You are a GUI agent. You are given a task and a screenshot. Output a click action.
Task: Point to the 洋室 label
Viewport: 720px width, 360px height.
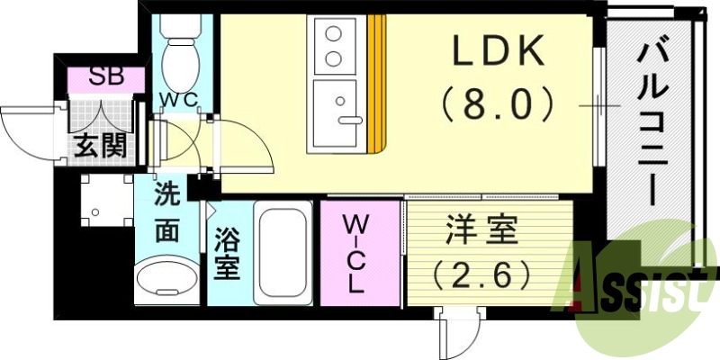(481, 232)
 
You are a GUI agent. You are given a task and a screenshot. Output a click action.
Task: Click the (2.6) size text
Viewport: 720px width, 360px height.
(481, 273)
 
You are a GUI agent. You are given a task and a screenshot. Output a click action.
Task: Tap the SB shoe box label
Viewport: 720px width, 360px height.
(107, 77)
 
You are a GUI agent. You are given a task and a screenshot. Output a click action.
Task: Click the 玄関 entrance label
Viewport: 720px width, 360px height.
(99, 145)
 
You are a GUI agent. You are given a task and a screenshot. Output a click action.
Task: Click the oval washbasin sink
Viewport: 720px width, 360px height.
(167, 279)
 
